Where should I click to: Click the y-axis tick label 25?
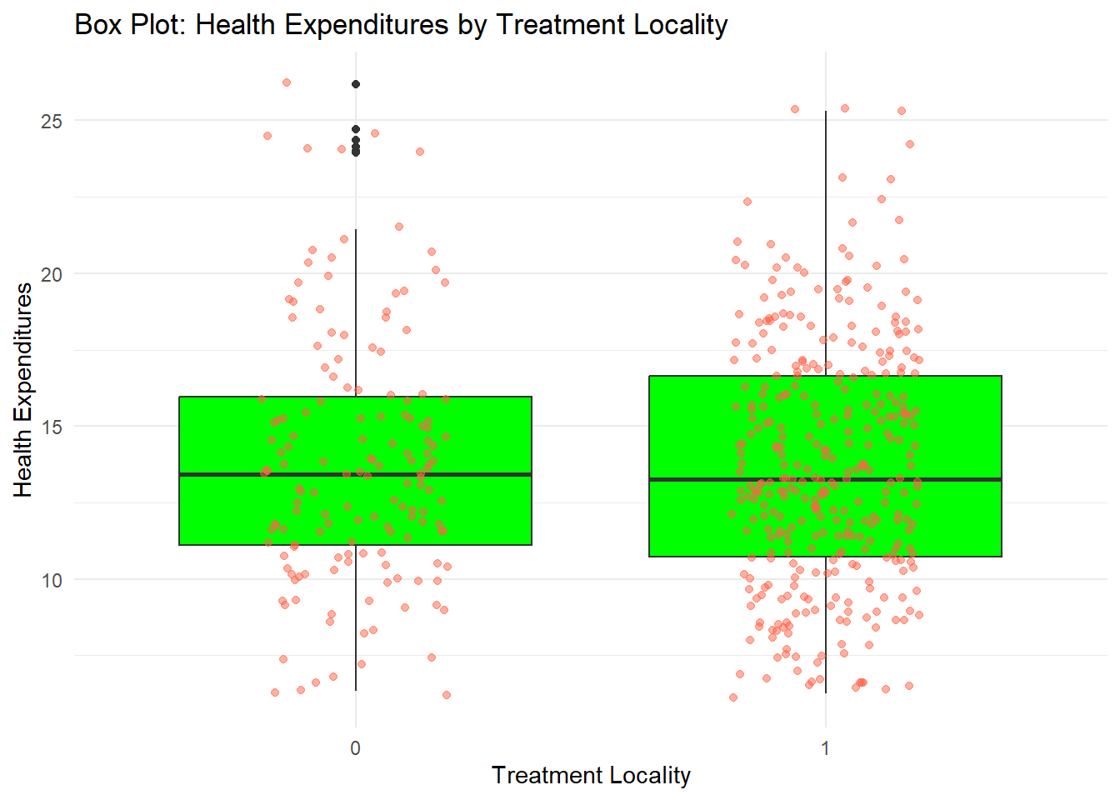point(52,121)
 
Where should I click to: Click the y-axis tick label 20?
point(52,274)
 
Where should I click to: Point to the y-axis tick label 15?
point(52,427)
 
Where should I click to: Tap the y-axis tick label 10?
point(52,580)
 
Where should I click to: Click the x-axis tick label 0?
point(356,747)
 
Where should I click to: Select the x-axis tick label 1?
point(825,747)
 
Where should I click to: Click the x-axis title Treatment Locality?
point(591,775)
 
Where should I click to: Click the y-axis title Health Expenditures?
point(23,390)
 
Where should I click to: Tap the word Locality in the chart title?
point(680,25)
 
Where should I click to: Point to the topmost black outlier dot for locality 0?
point(356,84)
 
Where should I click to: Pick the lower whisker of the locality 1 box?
point(826,625)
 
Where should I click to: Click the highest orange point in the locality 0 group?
point(287,82)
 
